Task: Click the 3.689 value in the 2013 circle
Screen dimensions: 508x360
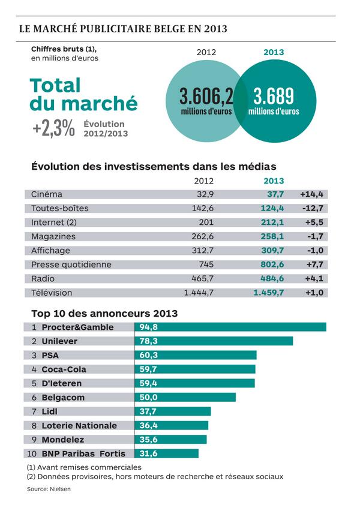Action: (x=274, y=97)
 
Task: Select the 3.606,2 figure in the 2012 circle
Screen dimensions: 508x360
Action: (x=206, y=97)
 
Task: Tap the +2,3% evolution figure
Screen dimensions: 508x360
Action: (x=54, y=128)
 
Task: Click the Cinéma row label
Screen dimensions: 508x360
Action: (x=47, y=194)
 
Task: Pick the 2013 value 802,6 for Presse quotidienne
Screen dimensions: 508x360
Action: (x=271, y=264)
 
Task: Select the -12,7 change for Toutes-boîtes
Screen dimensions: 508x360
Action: (x=312, y=208)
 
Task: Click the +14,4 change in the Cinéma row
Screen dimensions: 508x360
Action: (x=312, y=194)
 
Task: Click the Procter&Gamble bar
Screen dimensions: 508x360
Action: (x=230, y=327)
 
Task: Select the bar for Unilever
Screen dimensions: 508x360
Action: (x=214, y=341)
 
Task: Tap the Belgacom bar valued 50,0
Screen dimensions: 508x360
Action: (x=185, y=397)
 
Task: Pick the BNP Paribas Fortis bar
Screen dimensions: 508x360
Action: (x=166, y=453)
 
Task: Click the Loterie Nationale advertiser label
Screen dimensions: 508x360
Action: (x=79, y=425)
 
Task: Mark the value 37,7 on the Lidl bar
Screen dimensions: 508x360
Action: (x=148, y=411)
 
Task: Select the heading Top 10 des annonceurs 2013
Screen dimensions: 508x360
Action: (x=104, y=313)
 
